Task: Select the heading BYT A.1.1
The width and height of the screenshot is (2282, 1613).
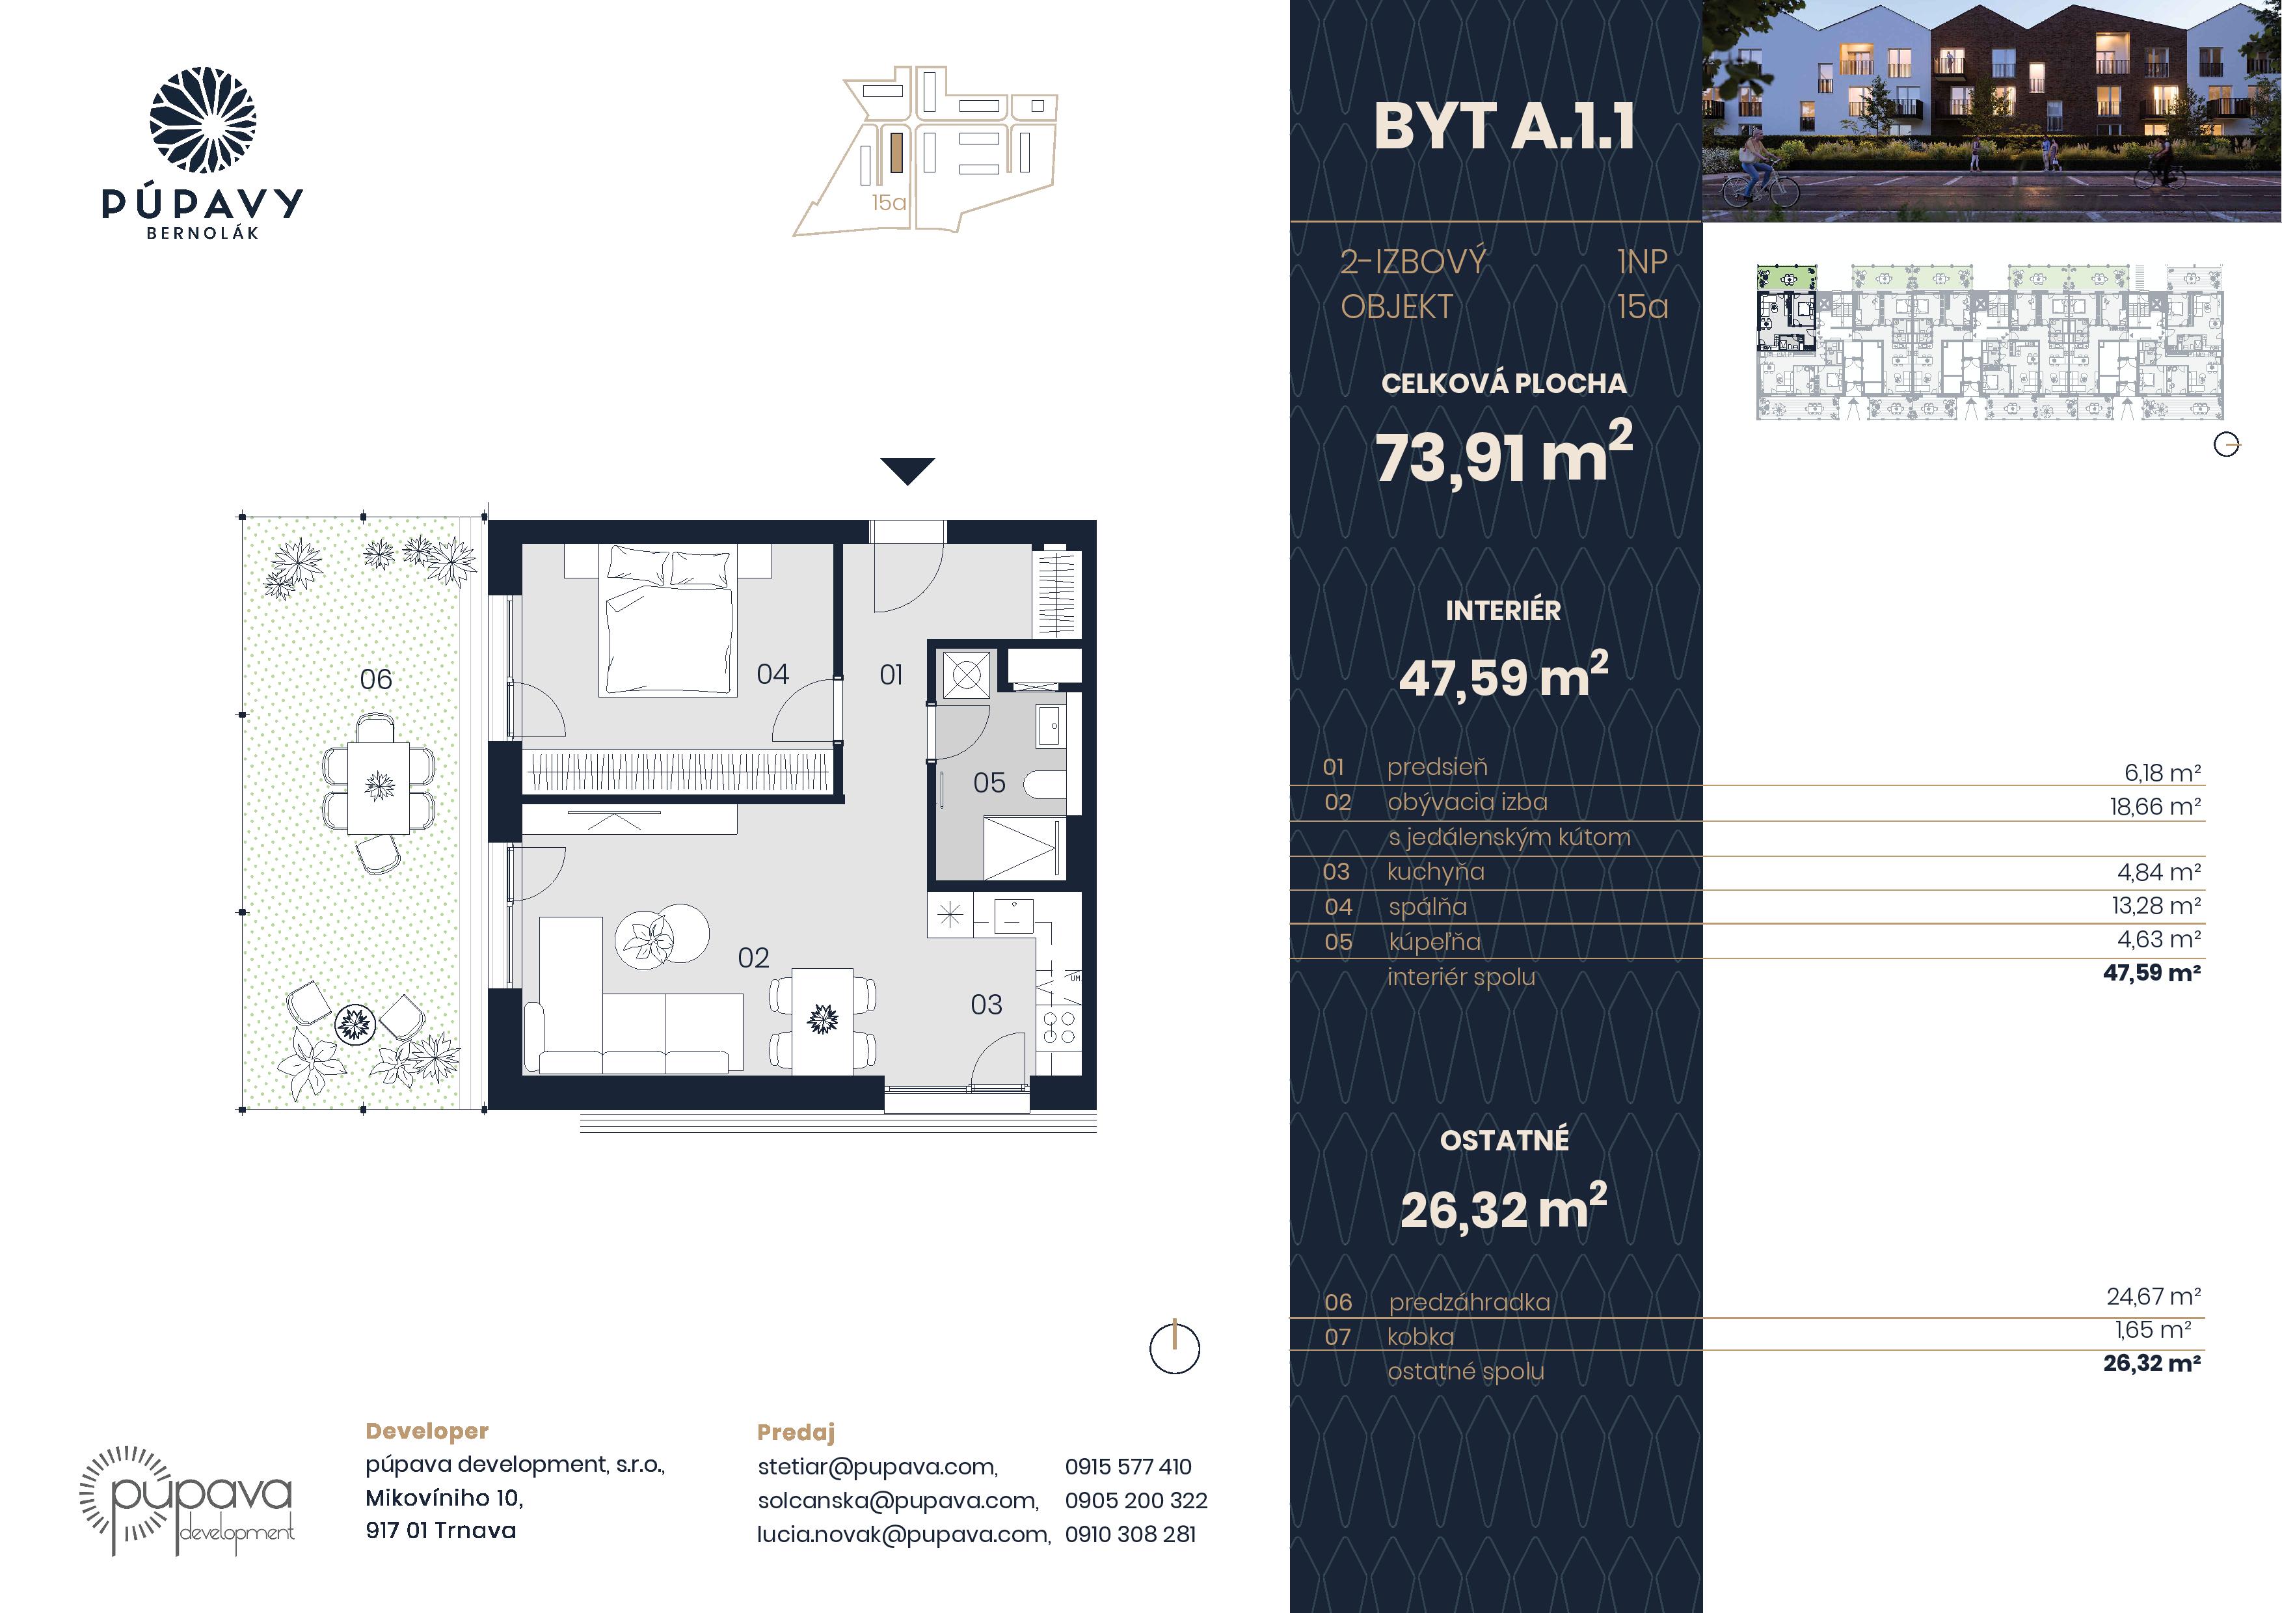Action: click(x=1504, y=128)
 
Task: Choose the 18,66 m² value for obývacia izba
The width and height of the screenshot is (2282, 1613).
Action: click(x=2154, y=806)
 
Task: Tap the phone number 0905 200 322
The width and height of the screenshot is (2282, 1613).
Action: click(x=1136, y=1500)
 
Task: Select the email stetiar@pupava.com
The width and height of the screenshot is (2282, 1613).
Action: click(x=878, y=1467)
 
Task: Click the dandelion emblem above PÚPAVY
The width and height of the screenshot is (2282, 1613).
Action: click(x=203, y=120)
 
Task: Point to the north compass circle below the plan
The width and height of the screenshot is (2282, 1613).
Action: click(x=1175, y=1349)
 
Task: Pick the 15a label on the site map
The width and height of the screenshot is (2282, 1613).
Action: click(x=889, y=203)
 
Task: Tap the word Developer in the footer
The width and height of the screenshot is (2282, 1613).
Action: click(x=427, y=1431)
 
